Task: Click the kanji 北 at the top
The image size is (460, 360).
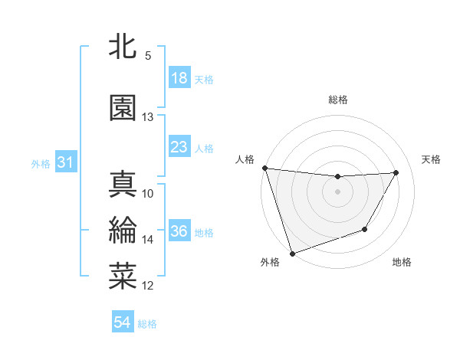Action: (x=123, y=47)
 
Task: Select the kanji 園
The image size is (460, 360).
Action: (x=123, y=107)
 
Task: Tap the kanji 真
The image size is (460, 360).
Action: (x=123, y=185)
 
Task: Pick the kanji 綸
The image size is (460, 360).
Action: (x=123, y=231)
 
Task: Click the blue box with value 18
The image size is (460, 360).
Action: (x=179, y=78)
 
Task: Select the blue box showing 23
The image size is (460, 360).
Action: (x=179, y=147)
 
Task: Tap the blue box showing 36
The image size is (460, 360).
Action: (x=179, y=232)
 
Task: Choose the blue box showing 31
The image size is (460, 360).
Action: (x=65, y=162)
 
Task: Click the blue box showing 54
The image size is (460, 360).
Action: (x=122, y=323)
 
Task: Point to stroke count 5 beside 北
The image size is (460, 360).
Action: (x=147, y=56)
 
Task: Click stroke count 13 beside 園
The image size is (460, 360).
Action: (x=147, y=117)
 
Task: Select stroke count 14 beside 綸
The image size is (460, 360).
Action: (x=147, y=240)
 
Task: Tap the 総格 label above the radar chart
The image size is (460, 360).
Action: (x=337, y=100)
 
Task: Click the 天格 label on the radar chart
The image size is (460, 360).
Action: (x=432, y=159)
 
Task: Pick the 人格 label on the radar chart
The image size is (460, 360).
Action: (x=245, y=159)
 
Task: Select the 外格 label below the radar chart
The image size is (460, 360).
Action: (x=270, y=262)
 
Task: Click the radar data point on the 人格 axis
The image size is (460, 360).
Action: (x=264, y=168)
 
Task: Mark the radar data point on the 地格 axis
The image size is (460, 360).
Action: (x=365, y=229)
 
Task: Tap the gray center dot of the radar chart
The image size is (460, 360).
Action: (x=337, y=191)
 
